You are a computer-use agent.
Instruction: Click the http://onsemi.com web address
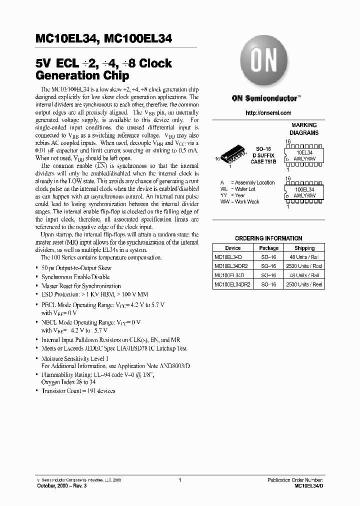click(x=268, y=113)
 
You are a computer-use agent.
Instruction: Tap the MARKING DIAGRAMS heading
click(x=304, y=129)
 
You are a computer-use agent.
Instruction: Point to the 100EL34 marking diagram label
click(x=305, y=190)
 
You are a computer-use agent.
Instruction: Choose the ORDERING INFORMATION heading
click(x=268, y=238)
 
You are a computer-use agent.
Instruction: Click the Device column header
click(x=232, y=248)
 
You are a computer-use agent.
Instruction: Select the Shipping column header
click(x=304, y=248)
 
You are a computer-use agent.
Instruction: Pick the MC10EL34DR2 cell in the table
click(x=232, y=266)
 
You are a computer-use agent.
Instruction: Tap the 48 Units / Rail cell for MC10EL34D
click(x=304, y=257)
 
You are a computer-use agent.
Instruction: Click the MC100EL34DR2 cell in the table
click(x=232, y=284)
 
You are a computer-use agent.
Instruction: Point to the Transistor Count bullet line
click(x=78, y=390)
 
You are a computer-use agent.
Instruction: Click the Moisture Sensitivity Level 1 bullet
click(x=74, y=359)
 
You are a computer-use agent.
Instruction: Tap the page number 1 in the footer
click(x=179, y=479)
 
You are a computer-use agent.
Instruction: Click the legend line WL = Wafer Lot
click(x=238, y=189)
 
